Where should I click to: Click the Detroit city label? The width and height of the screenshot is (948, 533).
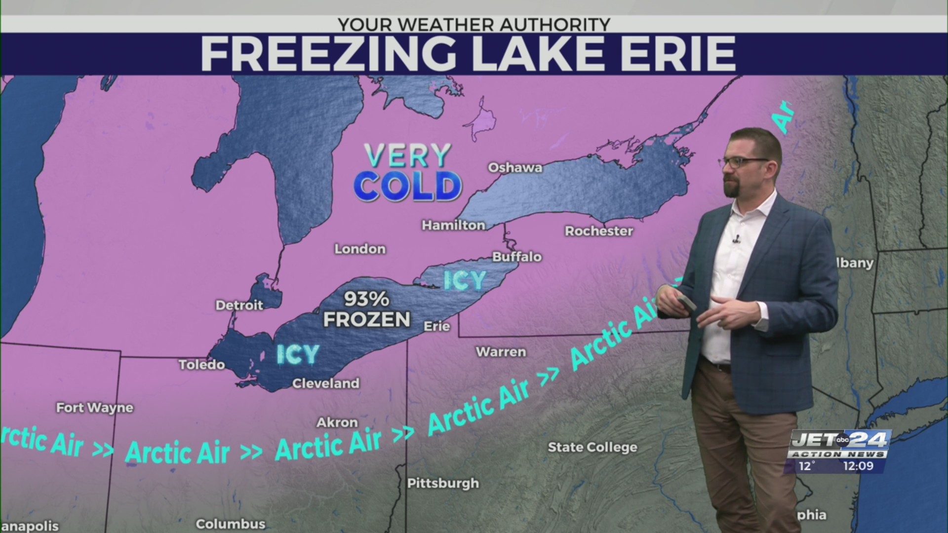coord(239,305)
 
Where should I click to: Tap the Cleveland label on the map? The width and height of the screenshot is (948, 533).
coord(326,383)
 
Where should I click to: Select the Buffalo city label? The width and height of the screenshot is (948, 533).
coord(517,257)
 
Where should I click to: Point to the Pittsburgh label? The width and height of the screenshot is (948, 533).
coord(443,483)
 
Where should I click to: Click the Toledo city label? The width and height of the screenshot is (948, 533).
coord(201,365)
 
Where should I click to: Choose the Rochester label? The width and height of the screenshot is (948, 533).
coord(599,231)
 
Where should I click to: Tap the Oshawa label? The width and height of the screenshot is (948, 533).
coord(515,168)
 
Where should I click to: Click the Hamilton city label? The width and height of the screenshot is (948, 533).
coord(453,225)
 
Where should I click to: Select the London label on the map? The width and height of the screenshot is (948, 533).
coord(360,249)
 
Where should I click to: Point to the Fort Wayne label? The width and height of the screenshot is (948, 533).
coord(95,408)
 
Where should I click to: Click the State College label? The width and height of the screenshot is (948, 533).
coord(592,447)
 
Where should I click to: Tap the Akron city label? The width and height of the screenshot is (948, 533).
coord(337,422)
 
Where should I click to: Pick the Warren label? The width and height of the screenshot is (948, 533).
coord(501,352)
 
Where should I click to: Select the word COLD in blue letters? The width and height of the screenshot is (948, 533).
coord(408,187)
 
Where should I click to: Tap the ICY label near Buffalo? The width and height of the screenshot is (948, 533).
coord(465,280)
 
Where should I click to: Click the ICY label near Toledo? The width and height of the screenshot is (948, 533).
coord(298,354)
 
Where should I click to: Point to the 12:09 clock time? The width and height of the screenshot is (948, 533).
coord(858,466)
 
